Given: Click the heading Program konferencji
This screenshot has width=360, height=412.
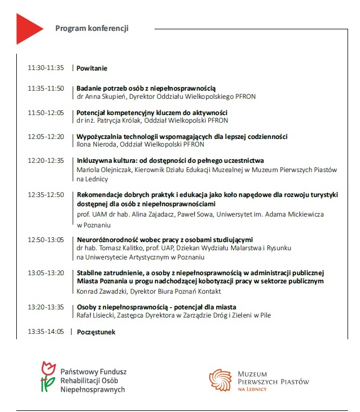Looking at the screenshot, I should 92,28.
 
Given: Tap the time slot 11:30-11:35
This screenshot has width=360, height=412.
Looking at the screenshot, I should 46,68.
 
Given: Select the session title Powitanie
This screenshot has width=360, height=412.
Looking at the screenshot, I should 92,68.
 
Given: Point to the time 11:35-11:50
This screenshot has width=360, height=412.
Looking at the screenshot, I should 46,88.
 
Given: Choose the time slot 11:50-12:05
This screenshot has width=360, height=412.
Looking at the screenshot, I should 46,112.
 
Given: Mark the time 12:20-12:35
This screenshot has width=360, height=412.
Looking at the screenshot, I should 46,160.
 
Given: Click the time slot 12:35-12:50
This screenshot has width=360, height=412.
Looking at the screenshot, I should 46,194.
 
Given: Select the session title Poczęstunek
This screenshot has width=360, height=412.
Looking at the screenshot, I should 96,332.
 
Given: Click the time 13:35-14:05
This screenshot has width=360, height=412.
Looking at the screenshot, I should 46,331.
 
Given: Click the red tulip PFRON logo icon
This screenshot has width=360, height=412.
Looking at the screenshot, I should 48,377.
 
